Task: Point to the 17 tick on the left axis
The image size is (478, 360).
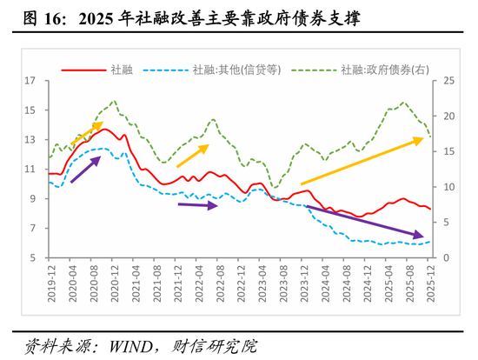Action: click(x=30, y=81)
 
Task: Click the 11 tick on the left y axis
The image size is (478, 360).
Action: click(x=30, y=170)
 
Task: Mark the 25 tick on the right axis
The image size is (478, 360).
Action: click(x=449, y=81)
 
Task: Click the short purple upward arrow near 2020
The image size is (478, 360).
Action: click(x=84, y=170)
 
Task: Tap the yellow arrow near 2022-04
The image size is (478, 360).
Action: click(x=193, y=156)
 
